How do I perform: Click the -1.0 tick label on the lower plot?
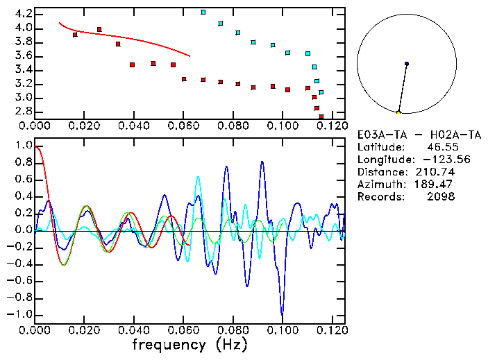(19, 314)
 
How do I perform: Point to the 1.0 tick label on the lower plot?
(23, 146)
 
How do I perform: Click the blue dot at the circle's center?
(406, 64)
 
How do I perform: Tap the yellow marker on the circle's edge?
(398, 112)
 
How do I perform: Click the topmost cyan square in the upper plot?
(203, 12)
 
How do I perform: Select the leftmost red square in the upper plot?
(75, 34)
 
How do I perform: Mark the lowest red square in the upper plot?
(321, 116)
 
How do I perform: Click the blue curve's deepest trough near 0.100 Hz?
(282, 314)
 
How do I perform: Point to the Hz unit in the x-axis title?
(230, 344)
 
